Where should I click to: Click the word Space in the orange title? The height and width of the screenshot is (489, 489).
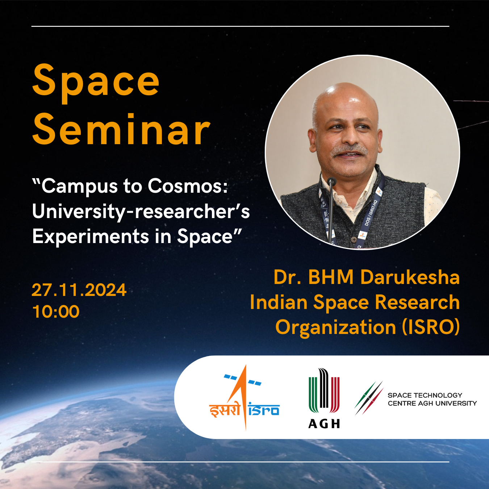point(96,83)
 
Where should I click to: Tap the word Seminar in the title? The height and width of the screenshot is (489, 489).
point(121,129)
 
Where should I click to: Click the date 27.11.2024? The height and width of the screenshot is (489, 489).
point(79,290)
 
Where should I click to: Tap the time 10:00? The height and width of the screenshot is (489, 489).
point(56,312)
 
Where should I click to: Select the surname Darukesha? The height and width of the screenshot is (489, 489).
point(410,277)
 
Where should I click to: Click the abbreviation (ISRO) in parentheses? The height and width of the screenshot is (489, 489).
point(431,327)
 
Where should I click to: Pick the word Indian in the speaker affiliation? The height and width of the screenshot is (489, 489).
point(279,302)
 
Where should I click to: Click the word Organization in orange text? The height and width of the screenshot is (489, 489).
point(336,327)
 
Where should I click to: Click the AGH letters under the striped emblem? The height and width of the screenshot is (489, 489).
point(324,423)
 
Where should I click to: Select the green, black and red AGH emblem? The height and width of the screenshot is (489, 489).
point(324,390)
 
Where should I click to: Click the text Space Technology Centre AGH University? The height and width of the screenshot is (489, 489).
point(432,399)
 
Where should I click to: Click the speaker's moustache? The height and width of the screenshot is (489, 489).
point(349,150)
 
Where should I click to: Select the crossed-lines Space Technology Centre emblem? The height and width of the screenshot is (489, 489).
point(369,398)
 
